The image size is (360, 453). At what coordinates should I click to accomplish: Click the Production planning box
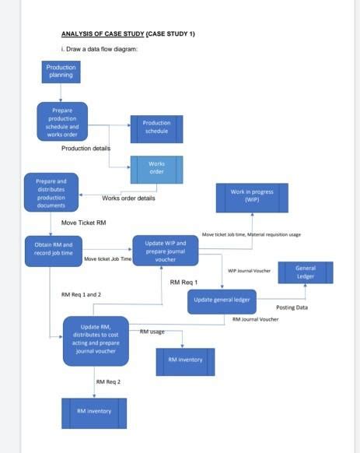coord(61,72)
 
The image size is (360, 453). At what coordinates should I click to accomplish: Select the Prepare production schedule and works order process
coord(62,121)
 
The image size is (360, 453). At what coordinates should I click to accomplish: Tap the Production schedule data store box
coord(156,128)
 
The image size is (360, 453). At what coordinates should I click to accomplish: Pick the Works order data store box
coord(156,168)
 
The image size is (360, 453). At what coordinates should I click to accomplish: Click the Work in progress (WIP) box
coord(251,197)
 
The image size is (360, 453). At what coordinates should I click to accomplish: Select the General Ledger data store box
coord(306,272)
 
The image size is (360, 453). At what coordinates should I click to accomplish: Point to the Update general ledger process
coord(222,300)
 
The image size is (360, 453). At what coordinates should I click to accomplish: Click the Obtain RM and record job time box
coord(54,249)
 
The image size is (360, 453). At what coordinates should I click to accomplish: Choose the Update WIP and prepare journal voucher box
coord(166,250)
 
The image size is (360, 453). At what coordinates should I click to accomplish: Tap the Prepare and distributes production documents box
coord(51,193)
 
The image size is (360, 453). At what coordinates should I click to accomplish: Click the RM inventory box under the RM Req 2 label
coord(93,412)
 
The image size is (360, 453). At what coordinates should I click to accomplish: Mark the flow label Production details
coord(86,148)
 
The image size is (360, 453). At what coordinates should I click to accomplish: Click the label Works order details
coord(128,198)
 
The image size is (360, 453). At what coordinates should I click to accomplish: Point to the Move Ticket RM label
coord(83,223)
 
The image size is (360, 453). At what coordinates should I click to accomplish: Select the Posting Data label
coord(292,307)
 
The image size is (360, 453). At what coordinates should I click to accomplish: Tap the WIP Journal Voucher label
coord(249,271)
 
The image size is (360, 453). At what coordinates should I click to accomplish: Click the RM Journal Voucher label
coord(255,319)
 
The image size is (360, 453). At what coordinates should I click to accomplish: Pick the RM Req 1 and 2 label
coord(81,295)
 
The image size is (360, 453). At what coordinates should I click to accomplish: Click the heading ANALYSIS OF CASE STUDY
coord(128,34)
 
